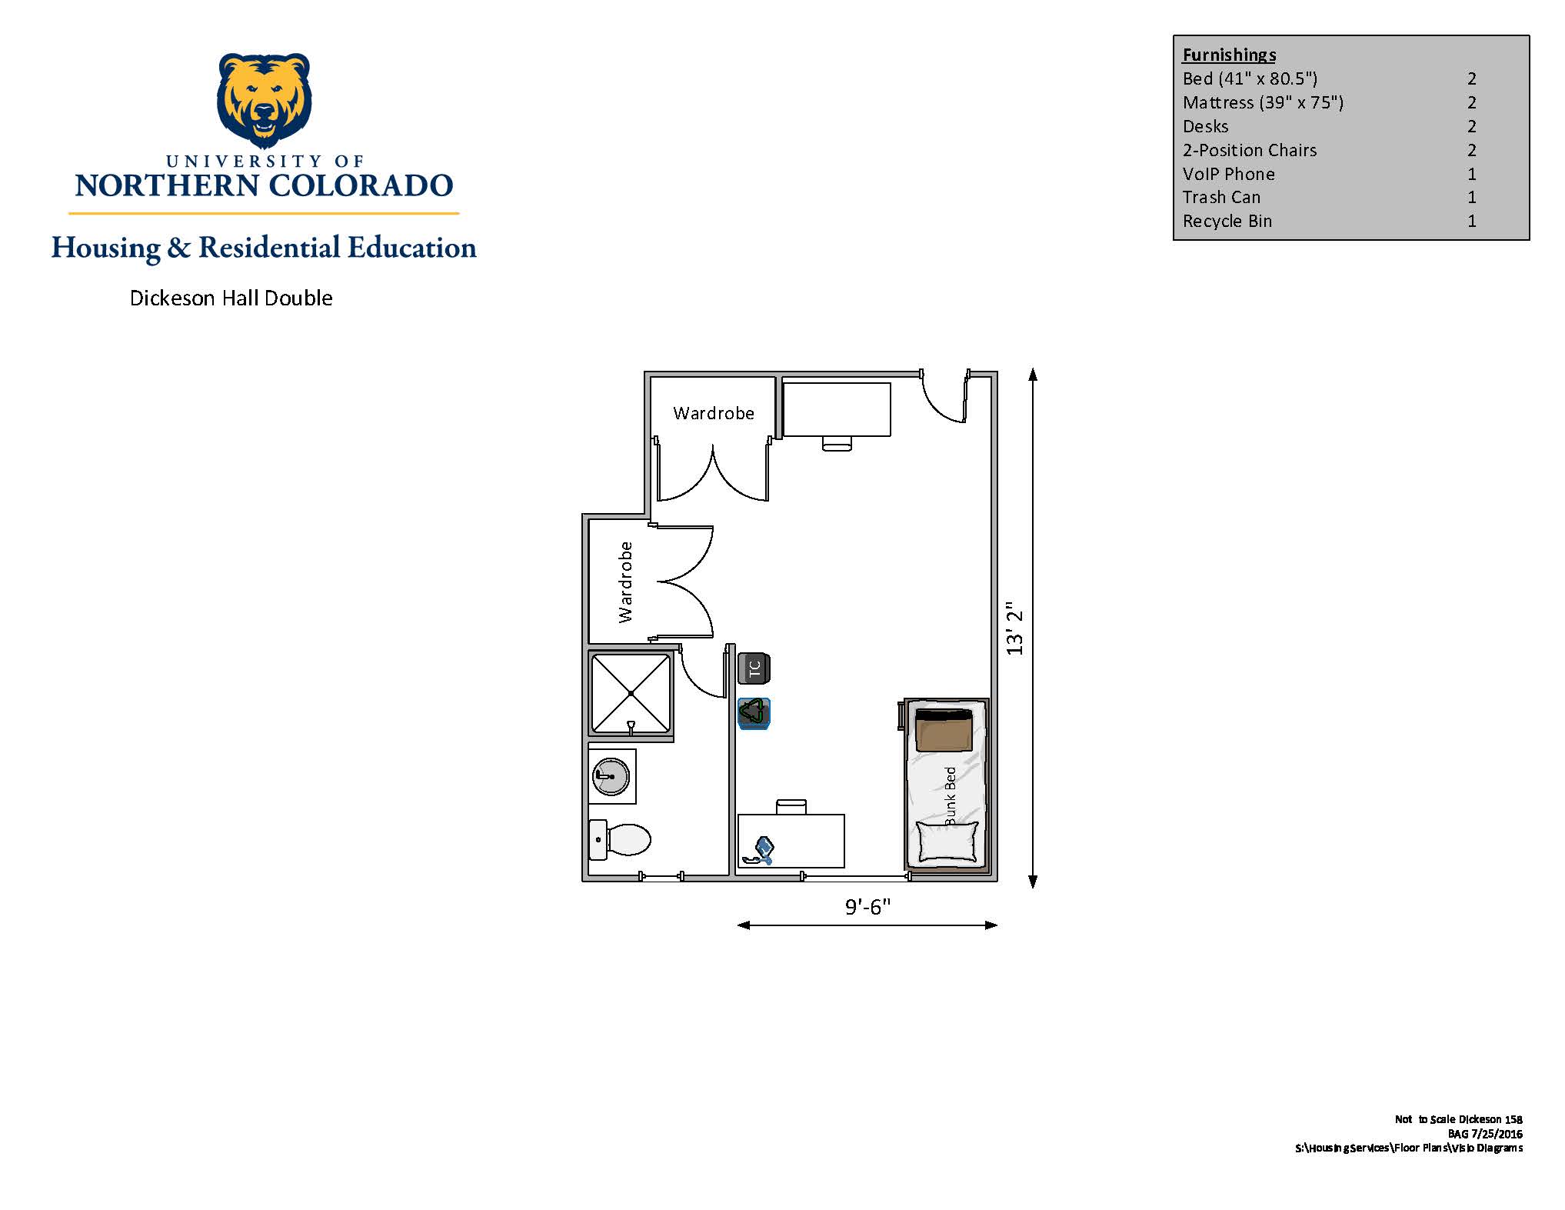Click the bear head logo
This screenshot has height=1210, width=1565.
click(x=265, y=100)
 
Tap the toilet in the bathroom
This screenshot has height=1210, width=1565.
click(x=620, y=839)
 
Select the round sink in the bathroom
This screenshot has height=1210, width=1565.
click(x=611, y=776)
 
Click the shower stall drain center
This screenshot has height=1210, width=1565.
click(x=631, y=693)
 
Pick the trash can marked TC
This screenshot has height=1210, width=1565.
click(x=754, y=668)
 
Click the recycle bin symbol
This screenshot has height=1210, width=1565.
click(x=754, y=713)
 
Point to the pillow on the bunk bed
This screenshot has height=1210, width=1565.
click(x=947, y=842)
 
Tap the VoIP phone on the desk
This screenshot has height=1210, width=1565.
click(x=759, y=851)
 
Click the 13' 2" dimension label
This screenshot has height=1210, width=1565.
click(x=1015, y=628)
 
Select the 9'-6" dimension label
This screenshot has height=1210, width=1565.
click(x=867, y=907)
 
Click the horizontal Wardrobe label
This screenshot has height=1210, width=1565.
click(x=714, y=413)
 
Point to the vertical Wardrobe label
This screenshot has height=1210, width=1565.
click(x=625, y=582)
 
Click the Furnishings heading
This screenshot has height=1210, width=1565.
click(x=1229, y=55)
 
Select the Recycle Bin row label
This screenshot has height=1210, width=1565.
click(x=1227, y=222)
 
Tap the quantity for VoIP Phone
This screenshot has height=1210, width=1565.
click(x=1472, y=174)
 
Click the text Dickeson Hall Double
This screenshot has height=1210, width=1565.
click(x=231, y=298)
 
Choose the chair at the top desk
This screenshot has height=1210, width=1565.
click(x=837, y=444)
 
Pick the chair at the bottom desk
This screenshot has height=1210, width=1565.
click(x=791, y=807)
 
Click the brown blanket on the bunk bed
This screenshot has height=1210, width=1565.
click(x=944, y=730)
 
